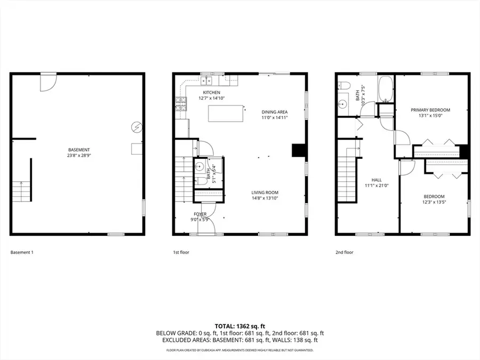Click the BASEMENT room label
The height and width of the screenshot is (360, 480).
[x=79, y=150]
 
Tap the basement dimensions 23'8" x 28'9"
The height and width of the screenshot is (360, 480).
[x=79, y=156]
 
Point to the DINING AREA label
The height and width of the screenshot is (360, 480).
[x=275, y=111]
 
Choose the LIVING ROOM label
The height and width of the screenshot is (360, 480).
[x=265, y=193]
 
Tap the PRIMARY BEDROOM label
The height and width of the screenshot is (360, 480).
[x=430, y=110]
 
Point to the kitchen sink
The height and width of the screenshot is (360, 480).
[x=206, y=81]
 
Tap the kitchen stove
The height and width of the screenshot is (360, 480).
[x=181, y=103]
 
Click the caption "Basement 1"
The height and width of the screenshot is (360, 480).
[x=22, y=252]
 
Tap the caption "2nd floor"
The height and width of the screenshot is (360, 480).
[x=345, y=252]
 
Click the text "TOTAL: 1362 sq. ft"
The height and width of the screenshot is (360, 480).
[x=239, y=325]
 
